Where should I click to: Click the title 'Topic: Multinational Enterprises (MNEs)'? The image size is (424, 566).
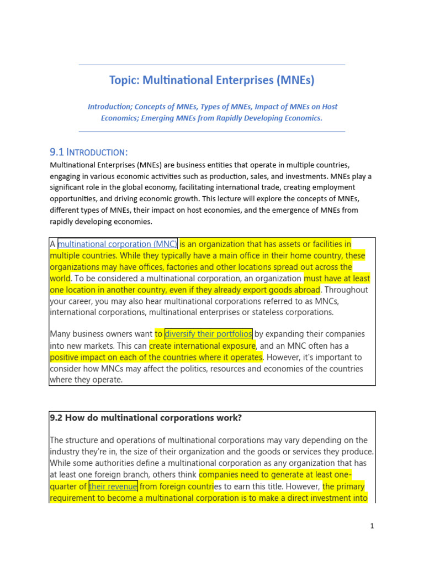pyautogui.click(x=212, y=80)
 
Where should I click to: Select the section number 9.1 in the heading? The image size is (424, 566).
pyautogui.click(x=57, y=152)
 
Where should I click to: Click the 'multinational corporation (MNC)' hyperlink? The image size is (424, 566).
pyautogui.click(x=118, y=244)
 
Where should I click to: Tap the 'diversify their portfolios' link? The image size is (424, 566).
pyautogui.click(x=209, y=334)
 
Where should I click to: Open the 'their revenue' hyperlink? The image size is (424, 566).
pyautogui.click(x=113, y=486)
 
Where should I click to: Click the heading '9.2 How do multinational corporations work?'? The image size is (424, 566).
pyautogui.click(x=146, y=418)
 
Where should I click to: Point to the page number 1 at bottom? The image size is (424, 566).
pyautogui.click(x=372, y=526)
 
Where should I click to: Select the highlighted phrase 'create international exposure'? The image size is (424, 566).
pyautogui.click(x=202, y=345)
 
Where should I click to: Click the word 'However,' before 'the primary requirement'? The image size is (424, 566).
pyautogui.click(x=303, y=486)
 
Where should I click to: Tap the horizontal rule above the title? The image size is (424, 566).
pyautogui.click(x=212, y=65)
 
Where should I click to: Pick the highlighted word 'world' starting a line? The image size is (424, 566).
pyautogui.click(x=60, y=278)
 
